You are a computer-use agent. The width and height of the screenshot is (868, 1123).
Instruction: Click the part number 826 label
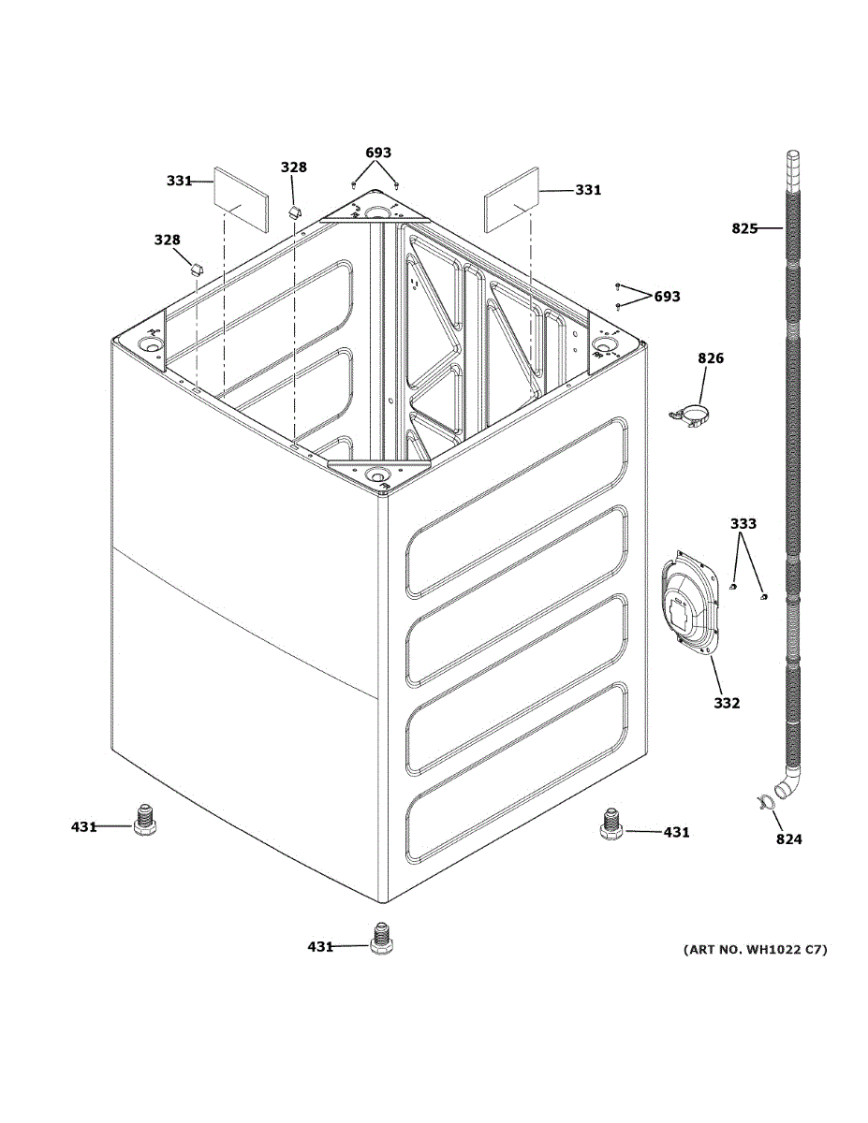[x=711, y=358]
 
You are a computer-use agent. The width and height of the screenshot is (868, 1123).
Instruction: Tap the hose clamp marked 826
[x=690, y=415]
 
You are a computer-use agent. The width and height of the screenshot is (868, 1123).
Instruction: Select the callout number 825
[x=744, y=228]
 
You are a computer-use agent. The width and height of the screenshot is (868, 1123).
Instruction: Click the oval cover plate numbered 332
[x=690, y=604]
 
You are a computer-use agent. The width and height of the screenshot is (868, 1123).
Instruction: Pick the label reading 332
[x=727, y=703]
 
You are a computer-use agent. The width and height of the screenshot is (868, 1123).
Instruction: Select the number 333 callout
[x=743, y=524]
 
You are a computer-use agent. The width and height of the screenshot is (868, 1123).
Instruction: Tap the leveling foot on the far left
[x=145, y=820]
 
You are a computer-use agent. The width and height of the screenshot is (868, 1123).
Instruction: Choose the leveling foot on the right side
[x=611, y=824]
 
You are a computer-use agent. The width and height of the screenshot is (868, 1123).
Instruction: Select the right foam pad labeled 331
[x=512, y=200]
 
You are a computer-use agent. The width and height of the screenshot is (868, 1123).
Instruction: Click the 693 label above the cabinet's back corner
[x=378, y=153]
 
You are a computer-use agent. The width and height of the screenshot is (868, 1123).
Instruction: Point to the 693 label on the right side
[x=668, y=297]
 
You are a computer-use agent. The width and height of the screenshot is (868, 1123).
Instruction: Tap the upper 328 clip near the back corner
[x=294, y=211]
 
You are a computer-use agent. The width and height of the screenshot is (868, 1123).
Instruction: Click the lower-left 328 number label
[x=168, y=240]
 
